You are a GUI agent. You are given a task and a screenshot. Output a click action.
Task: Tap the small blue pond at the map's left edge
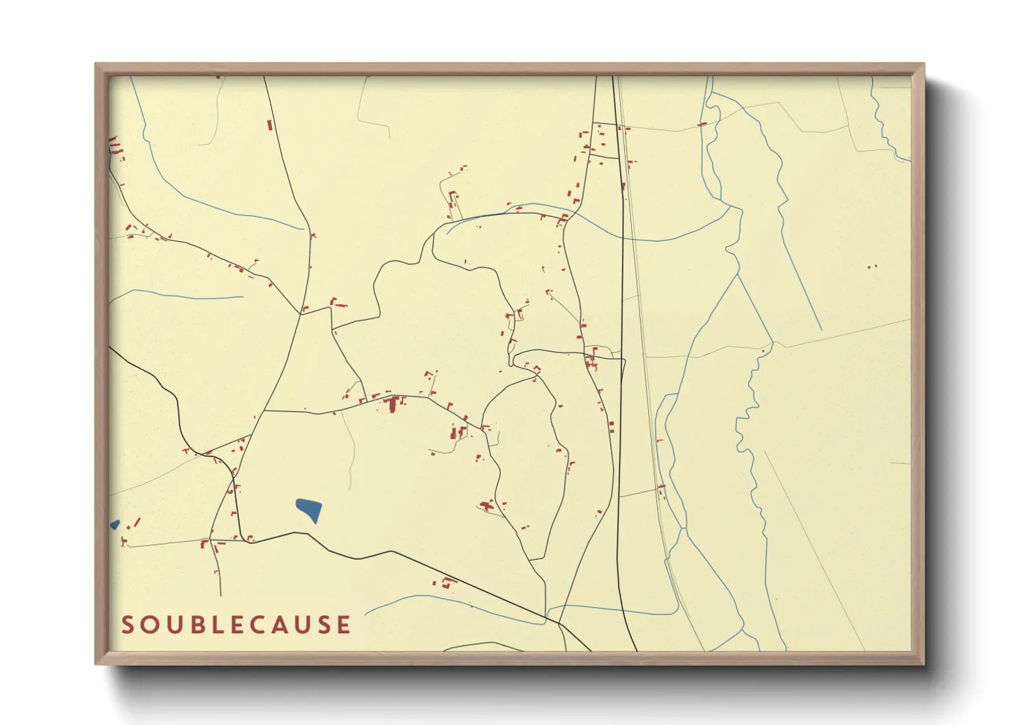tap(114, 525)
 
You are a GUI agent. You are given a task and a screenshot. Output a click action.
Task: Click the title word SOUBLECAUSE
tap(236, 625)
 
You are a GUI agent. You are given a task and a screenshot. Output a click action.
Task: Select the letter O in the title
tap(151, 625)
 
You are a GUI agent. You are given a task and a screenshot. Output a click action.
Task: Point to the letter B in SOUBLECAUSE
tap(199, 625)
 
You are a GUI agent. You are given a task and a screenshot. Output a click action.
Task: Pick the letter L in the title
tap(221, 625)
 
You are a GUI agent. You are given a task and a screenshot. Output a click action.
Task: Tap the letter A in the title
tap(288, 625)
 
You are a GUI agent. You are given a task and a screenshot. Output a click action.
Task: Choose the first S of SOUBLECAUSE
tap(128, 625)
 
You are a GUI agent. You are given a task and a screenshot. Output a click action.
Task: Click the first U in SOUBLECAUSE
tap(175, 625)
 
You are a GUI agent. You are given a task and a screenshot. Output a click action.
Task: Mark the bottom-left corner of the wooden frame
tap(97, 663)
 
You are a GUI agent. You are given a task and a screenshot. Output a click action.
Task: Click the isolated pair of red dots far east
tap(871, 267)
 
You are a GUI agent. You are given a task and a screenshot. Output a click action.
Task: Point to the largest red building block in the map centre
tap(392, 405)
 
